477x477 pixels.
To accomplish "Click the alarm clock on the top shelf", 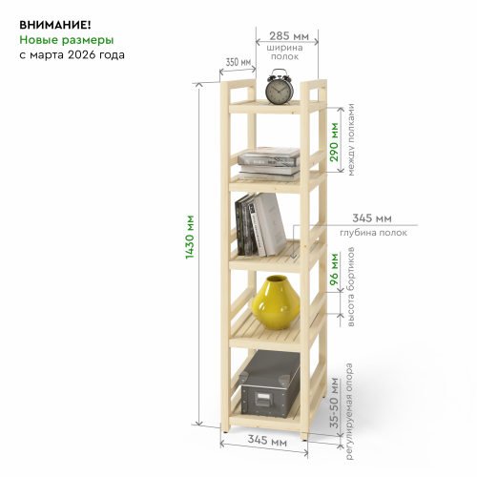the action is pyautogui.click(x=280, y=87).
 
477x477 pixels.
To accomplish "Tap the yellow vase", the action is pyautogui.click(x=276, y=302).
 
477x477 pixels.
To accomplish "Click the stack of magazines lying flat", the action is pyautogui.click(x=269, y=164).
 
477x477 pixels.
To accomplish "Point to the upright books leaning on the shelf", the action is pyautogui.click(x=260, y=224).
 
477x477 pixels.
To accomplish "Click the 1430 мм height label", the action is pyautogui.click(x=190, y=237).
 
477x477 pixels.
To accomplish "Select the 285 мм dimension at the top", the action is pyautogui.click(x=289, y=36).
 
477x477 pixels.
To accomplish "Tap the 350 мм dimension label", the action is pyautogui.click(x=238, y=62).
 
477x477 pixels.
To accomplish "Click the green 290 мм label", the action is pyautogui.click(x=334, y=142).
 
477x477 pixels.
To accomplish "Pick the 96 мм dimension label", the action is pyautogui.click(x=334, y=269).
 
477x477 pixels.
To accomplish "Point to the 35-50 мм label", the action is pyautogui.click(x=334, y=403).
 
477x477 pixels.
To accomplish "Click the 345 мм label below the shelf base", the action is pyautogui.click(x=267, y=441).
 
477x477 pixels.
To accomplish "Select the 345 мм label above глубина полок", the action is pyautogui.click(x=372, y=218).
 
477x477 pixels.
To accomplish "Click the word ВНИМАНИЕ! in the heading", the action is pyautogui.click(x=55, y=25).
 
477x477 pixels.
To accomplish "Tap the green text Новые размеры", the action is pyautogui.click(x=67, y=40).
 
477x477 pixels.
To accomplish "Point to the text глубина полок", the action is pyautogui.click(x=373, y=233).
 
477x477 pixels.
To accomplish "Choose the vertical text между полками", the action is pyautogui.click(x=350, y=139).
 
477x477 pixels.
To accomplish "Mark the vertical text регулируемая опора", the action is pyautogui.click(x=349, y=411).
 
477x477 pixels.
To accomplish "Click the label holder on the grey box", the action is pyautogui.click(x=263, y=399).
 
